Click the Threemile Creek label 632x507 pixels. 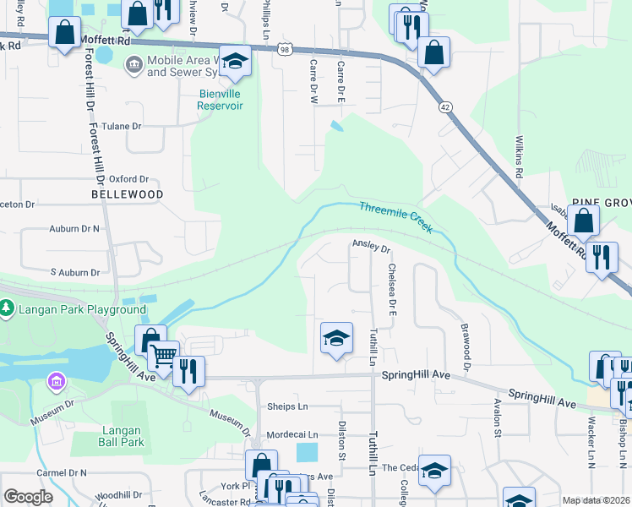click(x=395, y=216)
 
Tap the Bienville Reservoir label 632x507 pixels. click(x=220, y=100)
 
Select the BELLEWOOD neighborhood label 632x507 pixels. click(x=128, y=194)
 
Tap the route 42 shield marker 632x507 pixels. click(x=444, y=107)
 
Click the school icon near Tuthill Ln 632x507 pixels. click(x=336, y=339)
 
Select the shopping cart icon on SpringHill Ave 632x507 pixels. click(x=164, y=356)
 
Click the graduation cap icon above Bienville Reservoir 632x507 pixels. click(x=237, y=61)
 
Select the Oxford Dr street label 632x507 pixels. click(x=128, y=179)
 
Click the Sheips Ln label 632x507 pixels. click(x=286, y=406)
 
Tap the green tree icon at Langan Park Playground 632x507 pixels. click(x=8, y=310)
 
